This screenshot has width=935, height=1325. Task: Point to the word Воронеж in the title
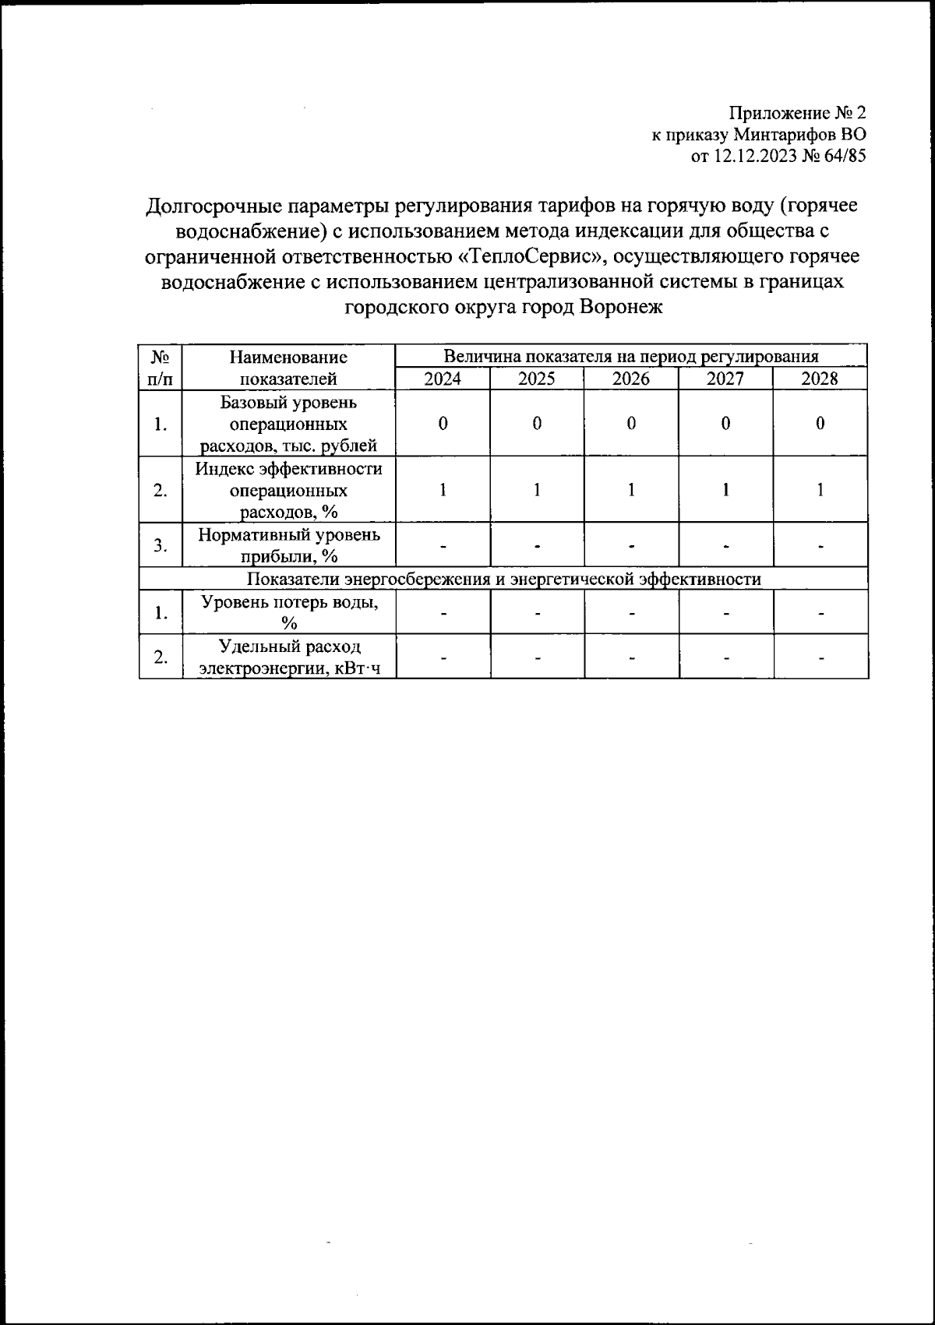pyautogui.click(x=620, y=307)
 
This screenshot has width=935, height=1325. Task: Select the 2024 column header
pyautogui.click(x=442, y=379)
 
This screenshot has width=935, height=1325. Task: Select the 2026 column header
pyautogui.click(x=631, y=379)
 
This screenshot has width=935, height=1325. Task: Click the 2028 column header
pyautogui.click(x=820, y=379)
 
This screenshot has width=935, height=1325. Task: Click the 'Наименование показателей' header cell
pyautogui.click(x=288, y=368)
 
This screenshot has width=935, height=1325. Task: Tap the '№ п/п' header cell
pyautogui.click(x=161, y=368)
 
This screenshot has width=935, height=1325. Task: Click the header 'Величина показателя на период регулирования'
pyautogui.click(x=631, y=357)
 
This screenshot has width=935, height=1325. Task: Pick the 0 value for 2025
pyautogui.click(x=537, y=424)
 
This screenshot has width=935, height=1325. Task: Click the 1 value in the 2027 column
pyautogui.click(x=725, y=490)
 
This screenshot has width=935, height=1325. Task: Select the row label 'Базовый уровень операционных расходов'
pyautogui.click(x=288, y=425)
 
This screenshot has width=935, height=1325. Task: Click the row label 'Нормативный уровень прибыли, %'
pyautogui.click(x=288, y=545)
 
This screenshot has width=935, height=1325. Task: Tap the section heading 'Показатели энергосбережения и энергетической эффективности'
pyautogui.click(x=503, y=580)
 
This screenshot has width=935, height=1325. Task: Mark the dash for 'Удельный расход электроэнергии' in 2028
pyautogui.click(x=820, y=658)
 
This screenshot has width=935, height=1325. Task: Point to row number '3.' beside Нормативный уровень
pyautogui.click(x=161, y=545)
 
